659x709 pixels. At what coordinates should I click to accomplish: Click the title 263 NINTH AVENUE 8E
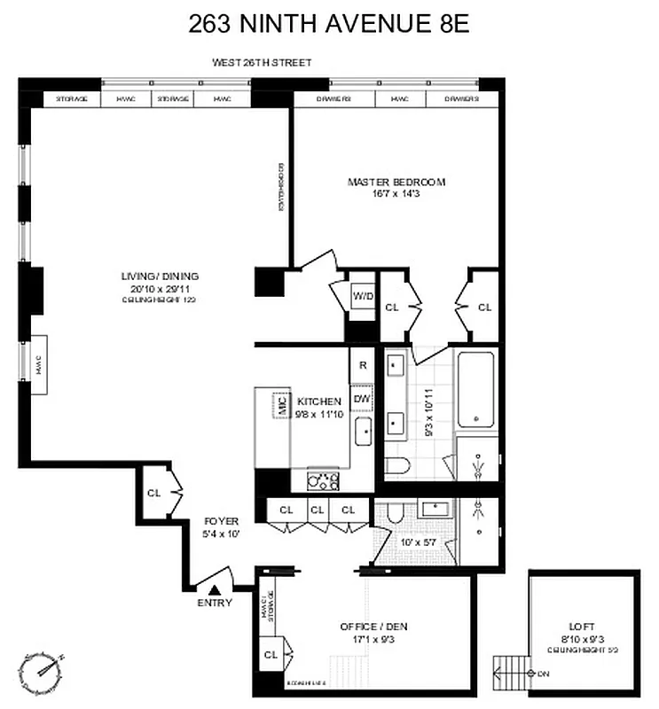click(x=328, y=24)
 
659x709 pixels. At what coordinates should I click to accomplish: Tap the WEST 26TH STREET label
click(x=261, y=63)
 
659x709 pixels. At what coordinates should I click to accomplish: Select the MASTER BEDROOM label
click(x=396, y=182)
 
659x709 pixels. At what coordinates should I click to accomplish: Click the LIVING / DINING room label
click(x=160, y=276)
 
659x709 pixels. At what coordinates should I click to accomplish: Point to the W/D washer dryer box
click(x=363, y=294)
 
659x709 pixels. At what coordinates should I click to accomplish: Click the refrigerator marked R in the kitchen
click(x=363, y=364)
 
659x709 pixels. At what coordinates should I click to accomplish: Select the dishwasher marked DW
click(x=362, y=400)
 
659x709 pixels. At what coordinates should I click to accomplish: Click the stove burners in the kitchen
click(x=323, y=480)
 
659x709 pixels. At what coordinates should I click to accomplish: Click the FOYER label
click(x=219, y=521)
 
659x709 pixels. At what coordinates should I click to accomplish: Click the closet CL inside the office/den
click(x=271, y=655)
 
